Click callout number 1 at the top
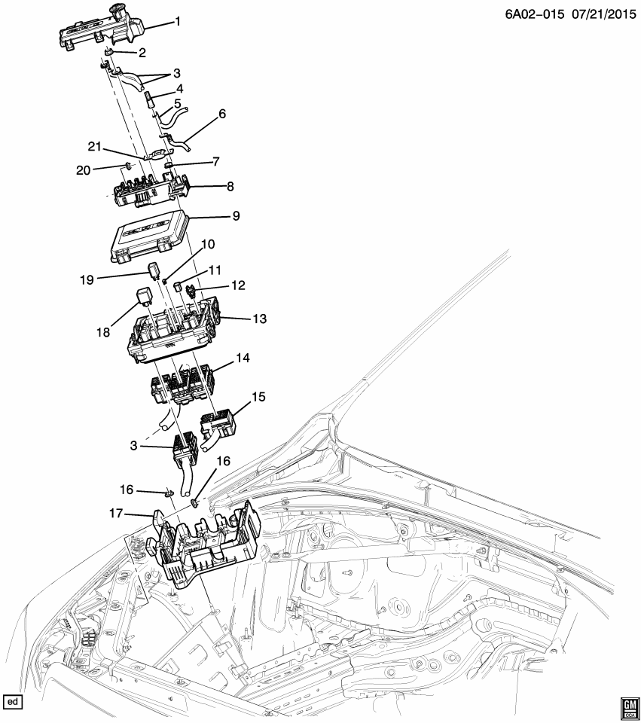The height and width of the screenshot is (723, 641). point(179,21)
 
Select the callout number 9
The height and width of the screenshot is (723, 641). point(236,216)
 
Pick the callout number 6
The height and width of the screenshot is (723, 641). point(222,114)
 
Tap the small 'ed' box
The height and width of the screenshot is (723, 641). point(12,702)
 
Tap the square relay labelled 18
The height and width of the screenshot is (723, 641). point(146,294)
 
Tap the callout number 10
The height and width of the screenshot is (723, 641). point(207,244)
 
